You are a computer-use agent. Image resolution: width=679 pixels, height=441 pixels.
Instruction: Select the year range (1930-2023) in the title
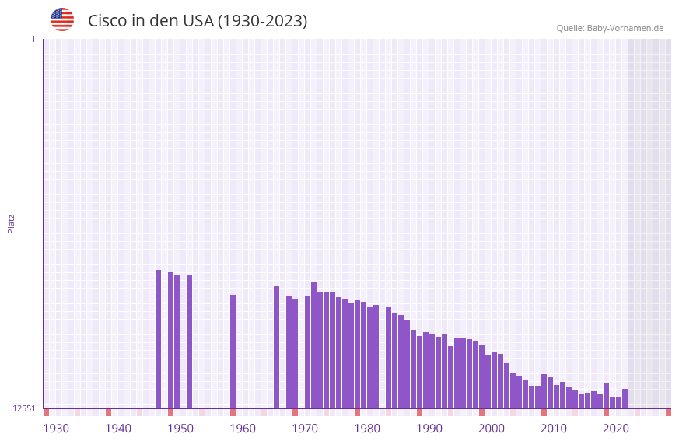tap(262, 21)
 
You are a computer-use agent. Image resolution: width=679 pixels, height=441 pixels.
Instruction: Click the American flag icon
tap(62, 19)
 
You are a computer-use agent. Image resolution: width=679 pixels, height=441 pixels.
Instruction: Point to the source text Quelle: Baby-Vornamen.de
tap(610, 28)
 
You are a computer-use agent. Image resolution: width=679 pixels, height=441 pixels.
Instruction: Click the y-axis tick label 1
tap(33, 39)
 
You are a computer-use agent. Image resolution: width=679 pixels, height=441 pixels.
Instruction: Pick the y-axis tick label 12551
tap(24, 408)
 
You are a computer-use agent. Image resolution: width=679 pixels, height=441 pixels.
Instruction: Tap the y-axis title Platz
tap(11, 224)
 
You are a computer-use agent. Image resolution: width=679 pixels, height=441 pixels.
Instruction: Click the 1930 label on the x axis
tap(56, 429)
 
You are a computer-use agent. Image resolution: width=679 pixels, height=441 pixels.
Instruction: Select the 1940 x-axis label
tap(118, 429)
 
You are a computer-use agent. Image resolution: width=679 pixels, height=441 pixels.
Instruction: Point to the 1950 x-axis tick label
tap(180, 429)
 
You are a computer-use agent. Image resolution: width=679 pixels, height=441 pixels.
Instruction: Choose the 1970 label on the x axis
tap(305, 429)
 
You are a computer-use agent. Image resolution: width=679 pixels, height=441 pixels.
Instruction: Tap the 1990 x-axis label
tap(429, 429)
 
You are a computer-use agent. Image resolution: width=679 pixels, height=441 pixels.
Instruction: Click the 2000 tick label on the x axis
tap(492, 429)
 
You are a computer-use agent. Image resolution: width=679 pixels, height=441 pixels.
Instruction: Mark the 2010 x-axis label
tap(554, 429)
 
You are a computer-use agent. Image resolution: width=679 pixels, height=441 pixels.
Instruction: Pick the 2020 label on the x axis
tap(616, 429)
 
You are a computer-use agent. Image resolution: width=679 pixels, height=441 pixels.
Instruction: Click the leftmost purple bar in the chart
tap(158, 339)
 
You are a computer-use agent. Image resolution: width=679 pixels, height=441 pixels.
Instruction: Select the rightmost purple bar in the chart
tap(625, 398)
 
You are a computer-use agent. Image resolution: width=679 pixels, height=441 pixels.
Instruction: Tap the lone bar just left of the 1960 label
tap(233, 352)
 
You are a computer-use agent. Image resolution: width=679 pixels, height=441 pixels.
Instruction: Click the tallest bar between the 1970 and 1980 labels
tap(313, 345)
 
